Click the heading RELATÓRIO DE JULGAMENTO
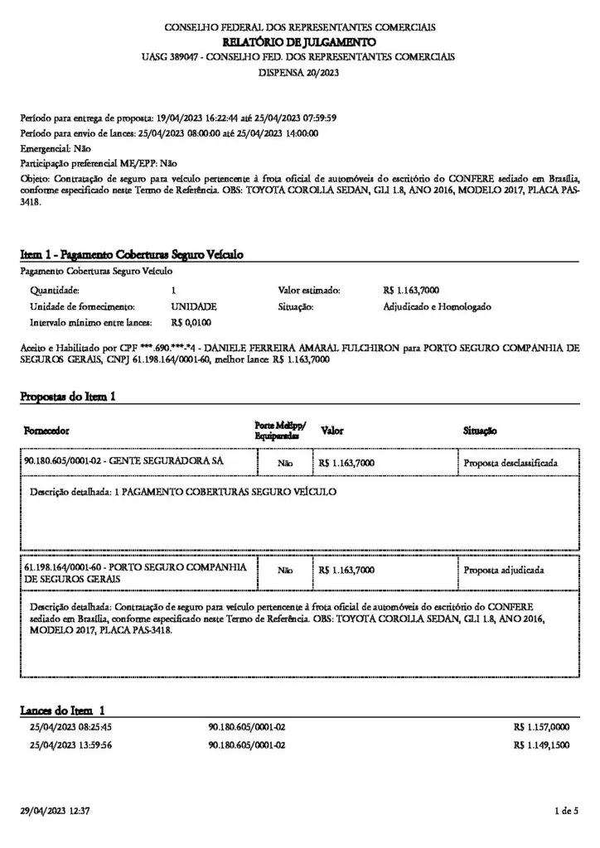tap(299, 41)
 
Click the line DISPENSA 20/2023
tap(299, 72)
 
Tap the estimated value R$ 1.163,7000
tap(411, 291)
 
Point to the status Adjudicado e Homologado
tap(437, 306)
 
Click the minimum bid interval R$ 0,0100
tap(191, 321)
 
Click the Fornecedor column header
tap(47, 431)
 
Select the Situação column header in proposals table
tap(480, 431)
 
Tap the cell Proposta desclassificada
tap(510, 462)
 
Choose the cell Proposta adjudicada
tap(504, 570)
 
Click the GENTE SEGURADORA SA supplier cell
tap(124, 460)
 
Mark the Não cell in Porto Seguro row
tap(285, 571)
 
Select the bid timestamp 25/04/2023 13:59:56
tap(70, 744)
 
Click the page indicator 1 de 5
tap(565, 810)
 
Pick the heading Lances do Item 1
tap(62, 711)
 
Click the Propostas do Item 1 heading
tap(67, 397)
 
